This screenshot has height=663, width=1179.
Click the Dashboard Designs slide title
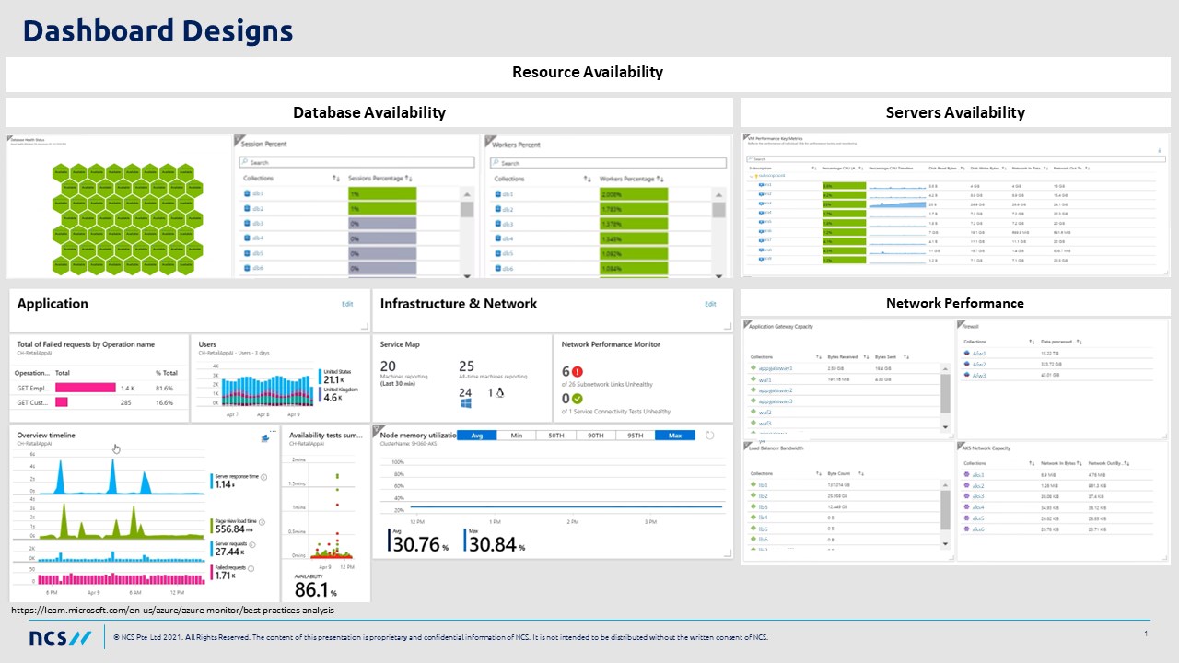[158, 31]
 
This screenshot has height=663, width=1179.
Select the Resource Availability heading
[587, 72]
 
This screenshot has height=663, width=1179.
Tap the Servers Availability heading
[955, 112]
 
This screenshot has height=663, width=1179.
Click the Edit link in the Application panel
[347, 304]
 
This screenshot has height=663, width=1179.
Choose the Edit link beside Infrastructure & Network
[710, 304]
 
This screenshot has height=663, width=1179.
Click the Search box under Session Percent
[356, 162]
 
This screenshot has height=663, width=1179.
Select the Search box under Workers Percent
[608, 162]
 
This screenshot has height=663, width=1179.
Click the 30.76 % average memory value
[416, 544]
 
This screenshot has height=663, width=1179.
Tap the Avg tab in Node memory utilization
[476, 436]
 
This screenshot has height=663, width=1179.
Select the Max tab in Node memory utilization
[675, 436]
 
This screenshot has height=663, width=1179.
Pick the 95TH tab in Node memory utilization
[636, 436]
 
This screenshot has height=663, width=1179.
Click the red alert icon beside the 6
[578, 372]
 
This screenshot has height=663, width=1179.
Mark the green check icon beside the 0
[578, 399]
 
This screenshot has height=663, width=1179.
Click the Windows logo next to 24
[465, 403]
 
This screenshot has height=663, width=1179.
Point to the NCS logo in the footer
[60, 637]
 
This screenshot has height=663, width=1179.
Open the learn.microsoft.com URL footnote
[173, 610]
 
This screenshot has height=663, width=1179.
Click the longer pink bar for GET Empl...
[86, 388]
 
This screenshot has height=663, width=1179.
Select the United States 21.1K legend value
[333, 379]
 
